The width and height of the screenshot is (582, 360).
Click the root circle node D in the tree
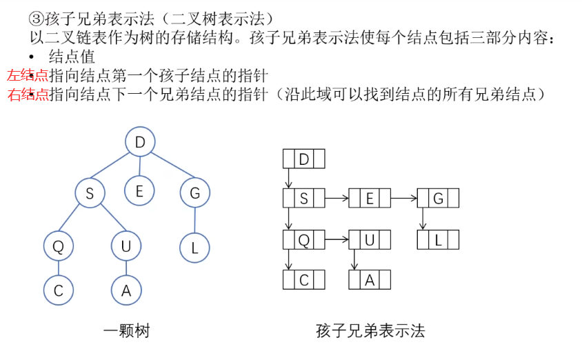pyautogui.click(x=140, y=143)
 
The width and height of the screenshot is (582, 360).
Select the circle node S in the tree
pyautogui.click(x=90, y=194)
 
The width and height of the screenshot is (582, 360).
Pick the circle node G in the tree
pyautogui.click(x=194, y=194)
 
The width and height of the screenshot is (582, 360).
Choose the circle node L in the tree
pyautogui.click(x=194, y=248)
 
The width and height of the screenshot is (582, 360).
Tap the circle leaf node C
pyautogui.click(x=58, y=290)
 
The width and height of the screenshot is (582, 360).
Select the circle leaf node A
pyautogui.click(x=126, y=290)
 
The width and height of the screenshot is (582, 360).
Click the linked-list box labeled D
pyautogui.click(x=303, y=159)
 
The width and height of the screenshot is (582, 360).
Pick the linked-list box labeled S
pyautogui.click(x=303, y=199)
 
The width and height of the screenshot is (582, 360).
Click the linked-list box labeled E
pyautogui.click(x=370, y=199)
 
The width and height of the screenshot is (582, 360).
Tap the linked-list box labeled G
pyautogui.click(x=438, y=199)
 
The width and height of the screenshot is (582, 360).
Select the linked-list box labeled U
pyautogui.click(x=370, y=240)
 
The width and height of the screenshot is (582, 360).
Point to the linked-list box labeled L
pyautogui.click(x=438, y=240)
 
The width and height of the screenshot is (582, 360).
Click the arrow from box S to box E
pyautogui.click(x=337, y=199)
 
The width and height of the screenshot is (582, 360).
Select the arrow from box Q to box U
pyautogui.click(x=337, y=240)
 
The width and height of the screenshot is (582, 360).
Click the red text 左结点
pyautogui.click(x=28, y=76)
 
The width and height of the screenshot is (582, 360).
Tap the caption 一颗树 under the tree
pyautogui.click(x=126, y=331)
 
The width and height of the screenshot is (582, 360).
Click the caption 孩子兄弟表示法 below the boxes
pyautogui.click(x=370, y=331)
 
